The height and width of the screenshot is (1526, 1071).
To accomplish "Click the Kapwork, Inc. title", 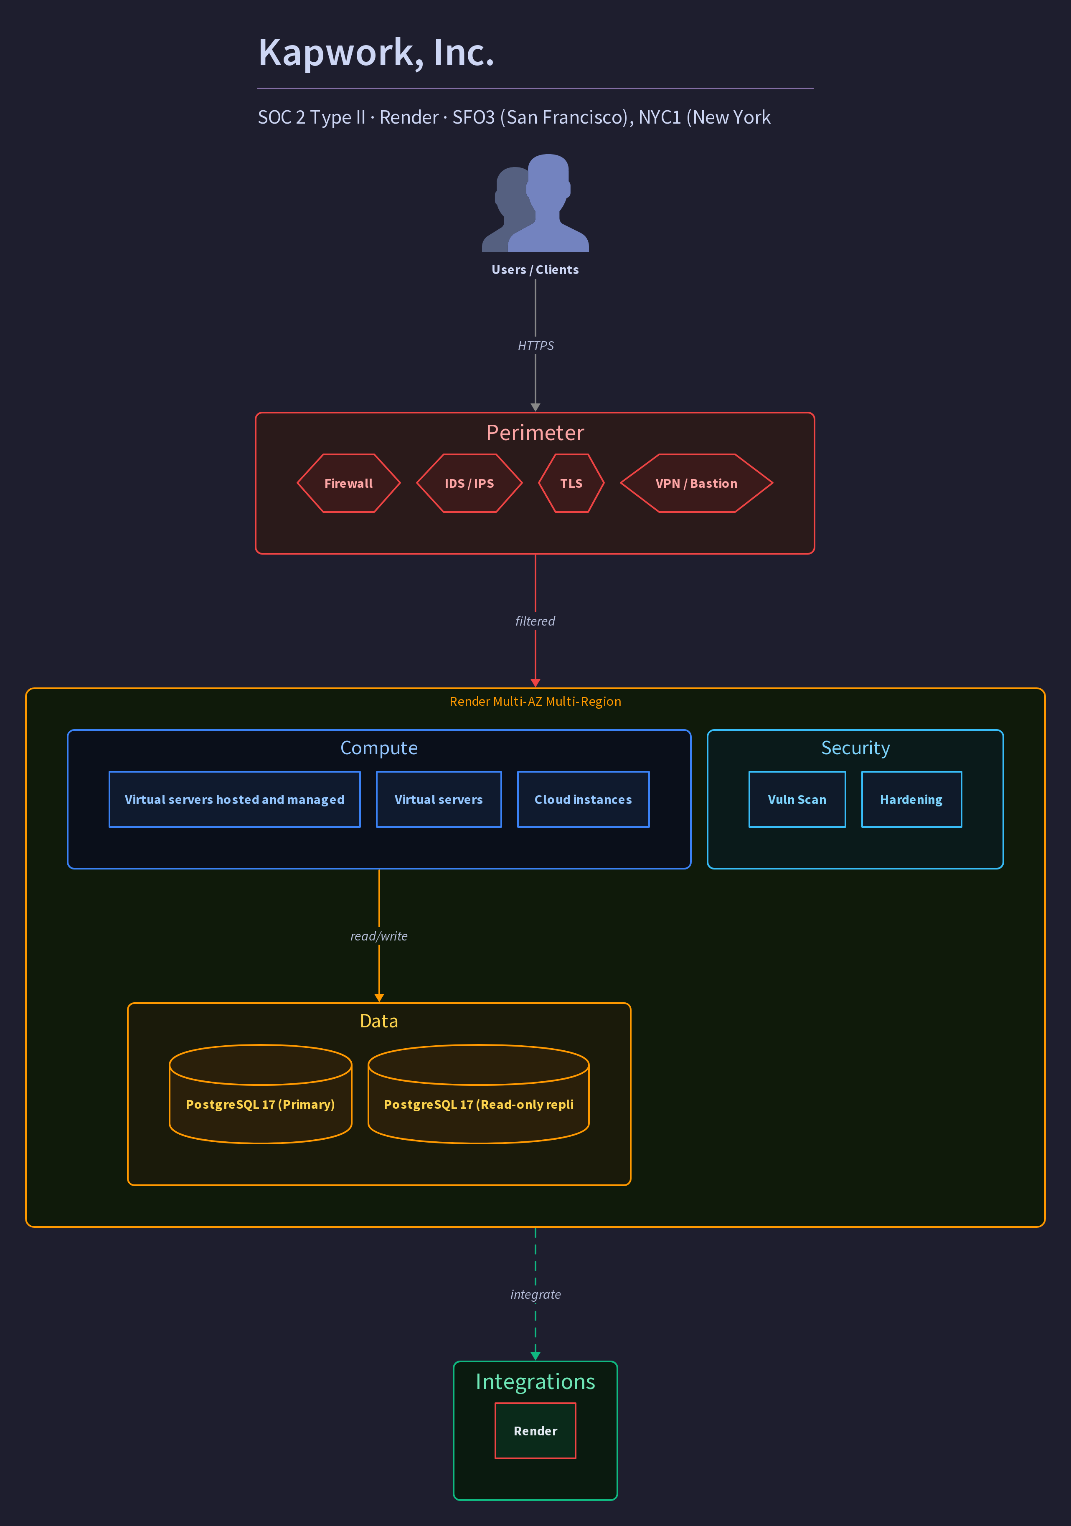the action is click(x=376, y=53).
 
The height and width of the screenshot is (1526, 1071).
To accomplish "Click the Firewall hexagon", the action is click(x=348, y=483).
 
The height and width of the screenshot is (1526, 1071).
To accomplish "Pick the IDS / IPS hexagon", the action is click(x=470, y=483).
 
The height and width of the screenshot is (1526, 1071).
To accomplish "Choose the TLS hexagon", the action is click(x=571, y=483).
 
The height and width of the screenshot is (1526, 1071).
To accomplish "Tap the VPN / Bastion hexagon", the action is click(x=696, y=483).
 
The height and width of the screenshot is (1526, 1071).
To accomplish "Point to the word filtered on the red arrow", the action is click(x=535, y=621).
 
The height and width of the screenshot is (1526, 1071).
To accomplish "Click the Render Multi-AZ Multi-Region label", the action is click(x=535, y=701).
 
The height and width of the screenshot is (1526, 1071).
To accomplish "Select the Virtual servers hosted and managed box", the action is click(x=235, y=800).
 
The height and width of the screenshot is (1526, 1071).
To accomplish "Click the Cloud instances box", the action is click(x=583, y=800).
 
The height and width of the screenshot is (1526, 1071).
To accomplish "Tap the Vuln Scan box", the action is click(x=797, y=800).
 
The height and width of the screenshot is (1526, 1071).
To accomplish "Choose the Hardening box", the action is click(x=911, y=800).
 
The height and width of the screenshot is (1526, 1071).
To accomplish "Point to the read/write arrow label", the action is click(x=379, y=936).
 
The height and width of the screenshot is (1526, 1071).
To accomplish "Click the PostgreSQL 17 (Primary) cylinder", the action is click(x=261, y=1094).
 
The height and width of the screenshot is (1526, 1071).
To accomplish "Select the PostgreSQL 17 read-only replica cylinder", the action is click(x=479, y=1094).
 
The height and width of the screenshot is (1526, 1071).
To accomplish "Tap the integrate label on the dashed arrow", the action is click(x=535, y=1294).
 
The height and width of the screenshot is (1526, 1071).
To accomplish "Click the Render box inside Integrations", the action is click(x=535, y=1431).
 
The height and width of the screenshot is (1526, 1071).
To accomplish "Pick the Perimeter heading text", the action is click(x=535, y=433).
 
